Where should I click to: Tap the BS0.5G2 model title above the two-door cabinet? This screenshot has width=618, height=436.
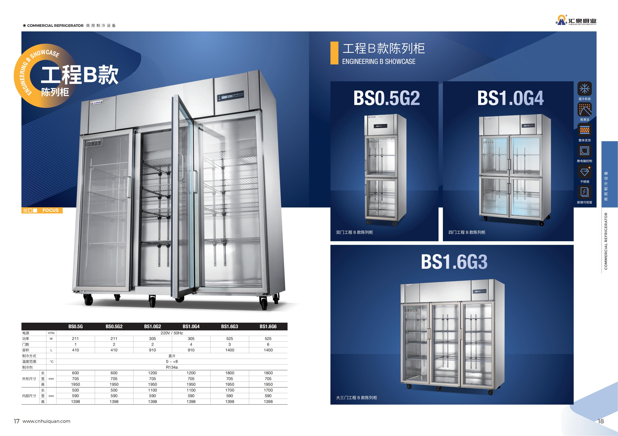[x=387, y=98]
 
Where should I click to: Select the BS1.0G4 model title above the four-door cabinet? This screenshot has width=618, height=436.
[x=510, y=98]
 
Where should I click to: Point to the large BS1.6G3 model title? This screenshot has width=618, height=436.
[x=454, y=262]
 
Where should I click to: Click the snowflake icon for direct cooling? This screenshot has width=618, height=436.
[x=584, y=89]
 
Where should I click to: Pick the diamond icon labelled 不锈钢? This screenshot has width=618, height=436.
[x=584, y=171]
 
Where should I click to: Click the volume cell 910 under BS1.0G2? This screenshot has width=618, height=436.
[x=152, y=350]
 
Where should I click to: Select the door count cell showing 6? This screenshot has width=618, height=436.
[x=268, y=344]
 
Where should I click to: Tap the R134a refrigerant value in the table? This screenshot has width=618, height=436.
[x=172, y=367]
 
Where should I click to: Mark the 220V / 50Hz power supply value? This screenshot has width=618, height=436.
[x=172, y=333]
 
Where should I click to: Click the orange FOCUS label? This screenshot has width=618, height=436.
[x=42, y=210]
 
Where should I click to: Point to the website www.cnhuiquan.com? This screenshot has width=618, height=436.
[x=46, y=421]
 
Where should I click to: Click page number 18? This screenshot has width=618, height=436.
[x=601, y=421]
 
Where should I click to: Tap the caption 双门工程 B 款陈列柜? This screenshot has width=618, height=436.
[x=354, y=232]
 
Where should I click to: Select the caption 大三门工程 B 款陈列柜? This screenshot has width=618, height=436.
[x=356, y=398]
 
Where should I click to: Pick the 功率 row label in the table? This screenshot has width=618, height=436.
[x=26, y=339]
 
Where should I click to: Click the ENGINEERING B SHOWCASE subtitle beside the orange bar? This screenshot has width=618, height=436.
[x=379, y=62]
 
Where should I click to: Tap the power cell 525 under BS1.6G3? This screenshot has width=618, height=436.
[x=230, y=339]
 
